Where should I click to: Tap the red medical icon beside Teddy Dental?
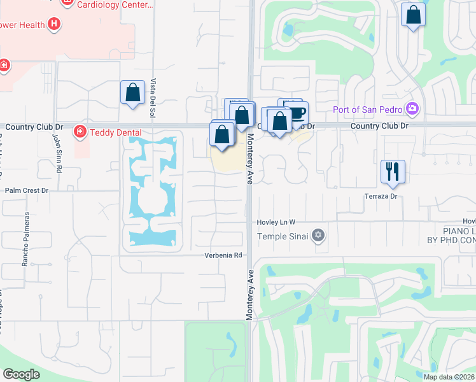click(x=80, y=132)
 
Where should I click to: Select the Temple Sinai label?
click(x=283, y=237)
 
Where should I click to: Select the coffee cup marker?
click(x=297, y=113)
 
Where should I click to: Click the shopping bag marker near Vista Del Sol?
click(x=132, y=92)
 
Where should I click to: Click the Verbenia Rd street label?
click(x=224, y=255)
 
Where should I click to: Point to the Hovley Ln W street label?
click(x=276, y=222)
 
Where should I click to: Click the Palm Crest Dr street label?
click(x=27, y=190)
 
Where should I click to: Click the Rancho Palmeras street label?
click(x=26, y=246)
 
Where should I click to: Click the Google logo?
click(x=21, y=374)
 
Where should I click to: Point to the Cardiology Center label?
click(x=115, y=5)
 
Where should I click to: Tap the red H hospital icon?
click(x=55, y=25)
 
